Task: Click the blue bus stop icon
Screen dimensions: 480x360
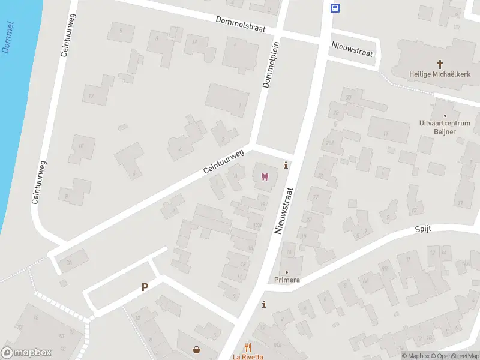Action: [x=335, y=8]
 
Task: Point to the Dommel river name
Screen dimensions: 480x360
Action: [x=8, y=37]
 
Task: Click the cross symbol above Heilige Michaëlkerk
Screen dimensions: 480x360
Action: [x=440, y=64]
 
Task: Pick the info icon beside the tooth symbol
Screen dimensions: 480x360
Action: [x=286, y=166]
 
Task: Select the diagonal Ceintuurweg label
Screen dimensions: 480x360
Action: [x=224, y=162]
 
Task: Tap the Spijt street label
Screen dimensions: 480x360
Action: [x=423, y=229]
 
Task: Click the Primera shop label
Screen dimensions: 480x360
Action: [x=287, y=280]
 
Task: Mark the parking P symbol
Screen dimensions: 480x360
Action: [x=145, y=287]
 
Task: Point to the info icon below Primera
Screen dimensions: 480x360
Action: [x=264, y=305]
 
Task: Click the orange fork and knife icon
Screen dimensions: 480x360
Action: [x=248, y=347]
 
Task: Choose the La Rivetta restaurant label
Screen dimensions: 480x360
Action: [x=248, y=356]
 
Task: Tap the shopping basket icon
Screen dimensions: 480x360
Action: [x=196, y=350]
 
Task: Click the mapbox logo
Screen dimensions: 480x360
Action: [x=26, y=353]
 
